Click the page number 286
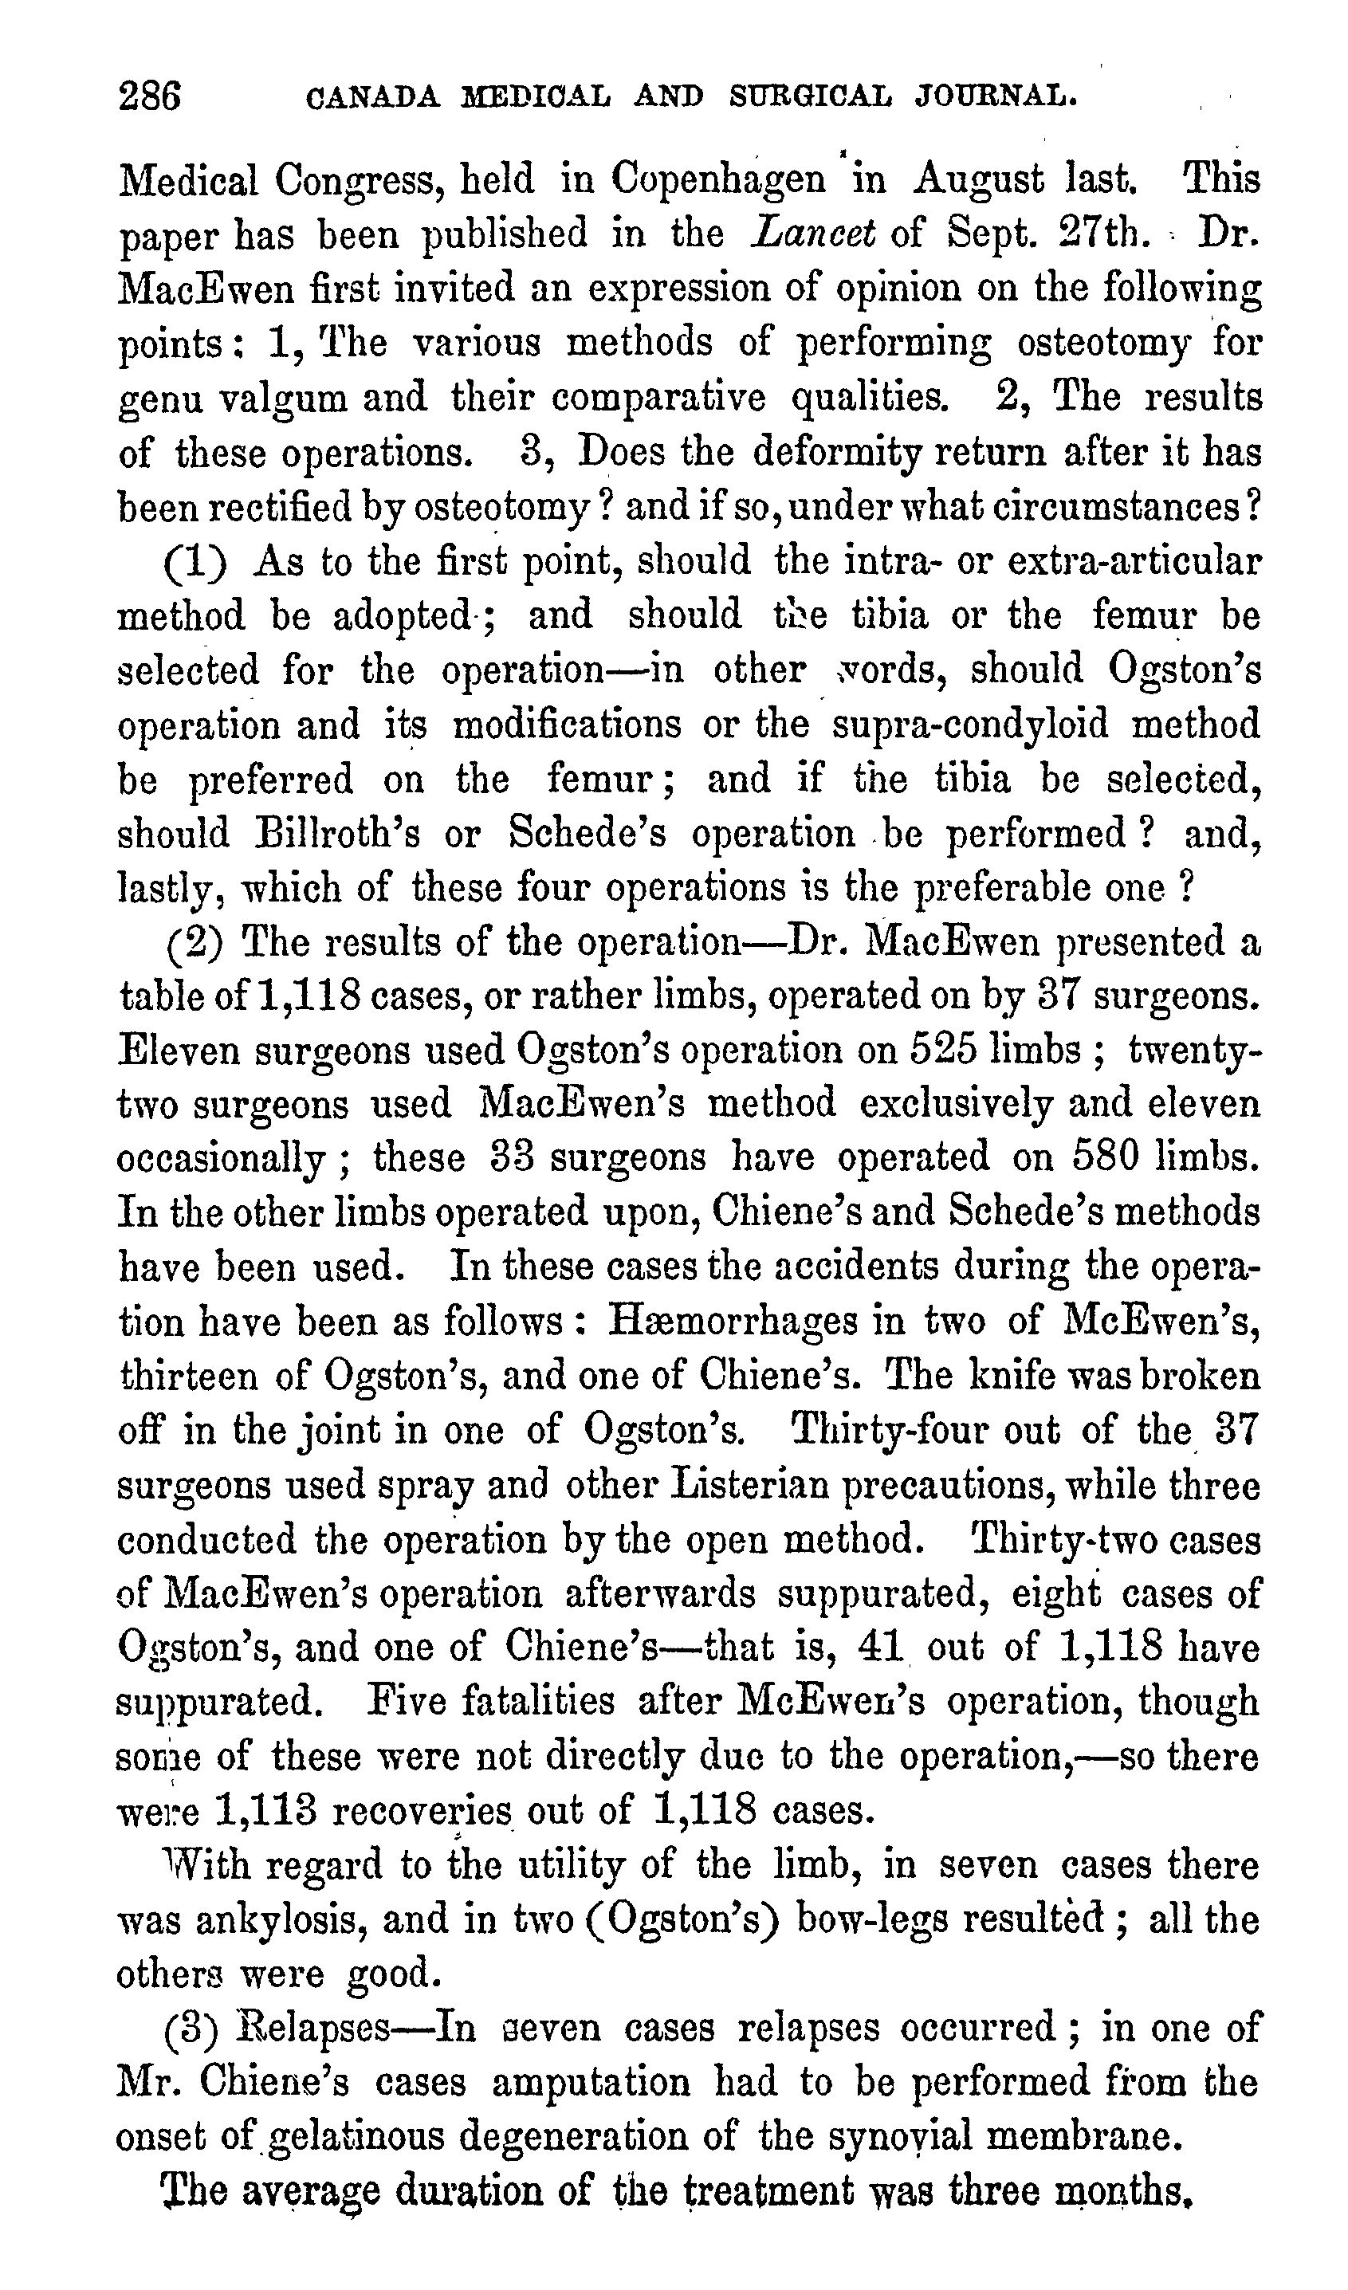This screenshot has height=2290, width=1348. [150, 96]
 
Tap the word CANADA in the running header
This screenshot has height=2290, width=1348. [374, 96]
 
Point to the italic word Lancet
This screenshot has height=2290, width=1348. [812, 234]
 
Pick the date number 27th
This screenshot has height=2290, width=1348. [1099, 234]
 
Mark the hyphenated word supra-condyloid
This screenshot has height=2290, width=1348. [971, 725]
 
